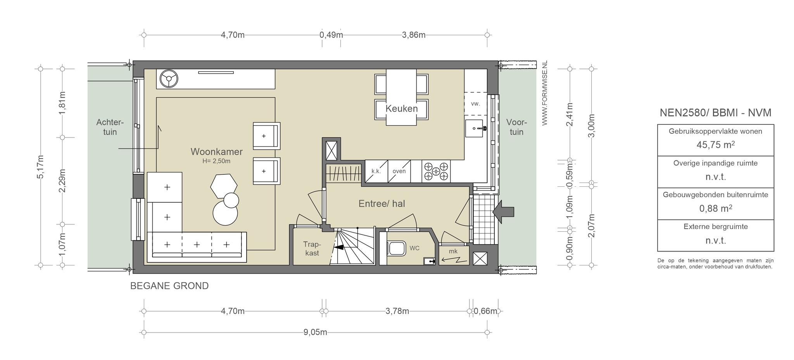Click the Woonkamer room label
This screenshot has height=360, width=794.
216,152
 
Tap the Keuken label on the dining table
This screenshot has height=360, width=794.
402,109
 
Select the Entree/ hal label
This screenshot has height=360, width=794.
381,203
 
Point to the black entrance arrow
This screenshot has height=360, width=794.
503,212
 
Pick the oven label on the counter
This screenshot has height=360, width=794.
399,171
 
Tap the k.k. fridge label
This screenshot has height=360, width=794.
376,171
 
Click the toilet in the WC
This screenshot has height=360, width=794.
396,248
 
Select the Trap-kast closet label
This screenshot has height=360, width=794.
312,249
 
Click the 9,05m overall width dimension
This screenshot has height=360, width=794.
315,332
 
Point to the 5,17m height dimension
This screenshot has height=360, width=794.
40,167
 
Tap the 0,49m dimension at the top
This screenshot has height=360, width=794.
331,35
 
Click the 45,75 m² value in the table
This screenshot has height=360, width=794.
715,145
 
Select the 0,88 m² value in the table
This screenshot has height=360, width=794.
715,208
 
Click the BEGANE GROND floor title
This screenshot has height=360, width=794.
169,286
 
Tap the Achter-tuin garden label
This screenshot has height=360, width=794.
110,127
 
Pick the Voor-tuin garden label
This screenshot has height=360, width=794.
516,127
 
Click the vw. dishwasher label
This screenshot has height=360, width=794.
475,103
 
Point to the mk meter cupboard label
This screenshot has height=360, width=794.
453,251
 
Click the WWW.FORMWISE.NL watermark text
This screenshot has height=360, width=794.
545,93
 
